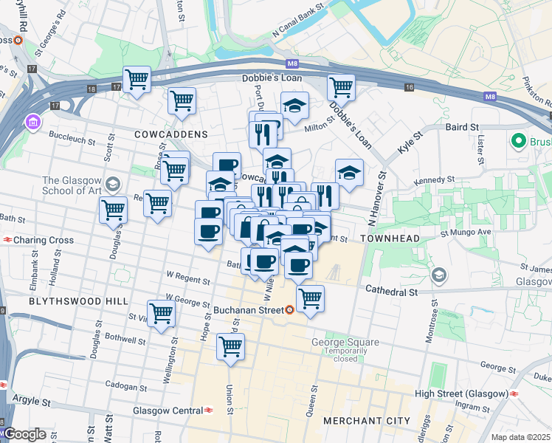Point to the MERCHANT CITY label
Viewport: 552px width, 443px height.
pyautogui.click(x=366, y=420)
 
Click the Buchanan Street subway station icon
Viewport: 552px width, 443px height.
pyautogui.click(x=291, y=310)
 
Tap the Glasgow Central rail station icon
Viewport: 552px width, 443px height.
pyautogui.click(x=210, y=411)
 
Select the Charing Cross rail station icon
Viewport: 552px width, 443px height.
pyautogui.click(x=7, y=240)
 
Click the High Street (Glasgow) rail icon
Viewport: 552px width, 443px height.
pyautogui.click(x=515, y=394)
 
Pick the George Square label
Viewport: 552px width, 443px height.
pyautogui.click(x=345, y=342)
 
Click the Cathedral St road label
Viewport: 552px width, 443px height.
pyautogui.click(x=393, y=292)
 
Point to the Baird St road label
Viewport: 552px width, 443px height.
pyautogui.click(x=463, y=127)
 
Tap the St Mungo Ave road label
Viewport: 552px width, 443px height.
pyautogui.click(x=466, y=232)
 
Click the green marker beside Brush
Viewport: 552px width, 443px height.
pyautogui.click(x=518, y=140)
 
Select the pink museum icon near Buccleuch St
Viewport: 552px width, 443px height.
pyautogui.click(x=32, y=121)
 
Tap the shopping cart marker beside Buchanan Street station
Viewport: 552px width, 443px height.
pyautogui.click(x=311, y=298)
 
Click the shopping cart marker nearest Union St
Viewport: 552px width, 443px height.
pyautogui.click(x=231, y=346)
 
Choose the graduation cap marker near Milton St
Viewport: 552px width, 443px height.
pyautogui.click(x=294, y=105)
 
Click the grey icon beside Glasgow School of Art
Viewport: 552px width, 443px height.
pyautogui.click(x=113, y=183)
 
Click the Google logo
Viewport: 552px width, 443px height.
pyautogui.click(x=25, y=434)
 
